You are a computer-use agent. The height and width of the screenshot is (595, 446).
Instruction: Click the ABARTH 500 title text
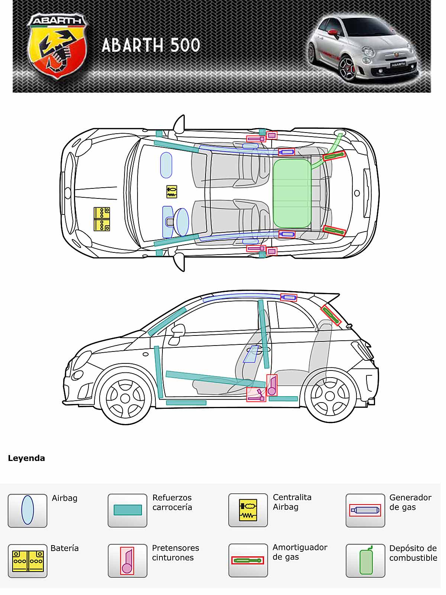[x=151, y=45]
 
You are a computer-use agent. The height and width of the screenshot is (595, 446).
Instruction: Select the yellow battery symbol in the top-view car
[x=101, y=219]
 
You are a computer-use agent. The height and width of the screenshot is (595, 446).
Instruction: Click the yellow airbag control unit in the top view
[x=171, y=192]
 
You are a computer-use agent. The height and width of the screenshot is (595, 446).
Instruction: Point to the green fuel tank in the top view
[x=292, y=193]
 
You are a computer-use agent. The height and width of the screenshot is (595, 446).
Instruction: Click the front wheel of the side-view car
[x=125, y=398]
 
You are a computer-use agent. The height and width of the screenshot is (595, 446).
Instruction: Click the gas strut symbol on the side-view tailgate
[x=331, y=315]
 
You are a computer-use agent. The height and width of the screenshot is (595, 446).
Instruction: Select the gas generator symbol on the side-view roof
[x=288, y=297]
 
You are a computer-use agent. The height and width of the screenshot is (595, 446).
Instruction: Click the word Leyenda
[x=26, y=458]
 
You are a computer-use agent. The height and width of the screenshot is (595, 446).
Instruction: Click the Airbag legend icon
[x=28, y=510]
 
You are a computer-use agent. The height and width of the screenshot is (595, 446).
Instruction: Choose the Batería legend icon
[x=28, y=561]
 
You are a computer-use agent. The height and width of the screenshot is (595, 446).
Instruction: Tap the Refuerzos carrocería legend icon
[x=127, y=510]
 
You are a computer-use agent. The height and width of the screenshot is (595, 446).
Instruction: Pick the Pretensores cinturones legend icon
[x=127, y=560]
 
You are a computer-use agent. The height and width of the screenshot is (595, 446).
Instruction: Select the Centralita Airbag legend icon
[x=248, y=510]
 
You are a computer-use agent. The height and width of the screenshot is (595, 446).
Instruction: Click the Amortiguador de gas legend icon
[x=248, y=560]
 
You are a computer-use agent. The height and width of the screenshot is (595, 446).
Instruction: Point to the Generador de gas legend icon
[x=365, y=510]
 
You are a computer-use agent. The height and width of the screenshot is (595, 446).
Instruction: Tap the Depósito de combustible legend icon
[x=365, y=560]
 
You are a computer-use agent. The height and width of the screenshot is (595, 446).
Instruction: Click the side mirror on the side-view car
[x=178, y=330]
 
